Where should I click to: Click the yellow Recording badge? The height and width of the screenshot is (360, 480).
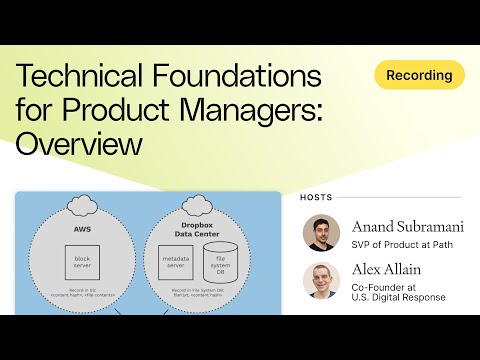click(419, 75)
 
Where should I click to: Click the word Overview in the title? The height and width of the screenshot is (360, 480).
click(79, 144)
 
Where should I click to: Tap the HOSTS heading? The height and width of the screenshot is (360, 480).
click(317, 197)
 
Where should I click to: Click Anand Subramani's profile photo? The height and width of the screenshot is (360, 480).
click(321, 233)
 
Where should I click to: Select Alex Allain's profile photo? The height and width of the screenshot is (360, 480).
click(321, 281)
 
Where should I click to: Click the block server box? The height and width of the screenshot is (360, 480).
click(81, 262)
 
